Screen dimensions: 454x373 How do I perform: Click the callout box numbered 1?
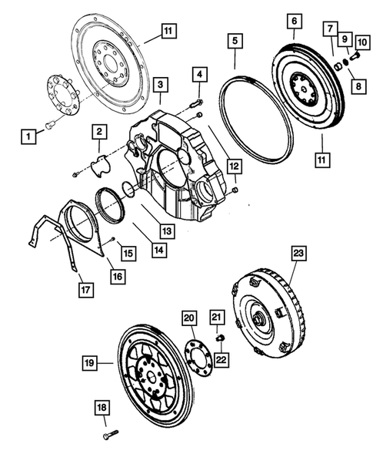coord(28,136)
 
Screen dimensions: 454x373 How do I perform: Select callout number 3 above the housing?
coord(159,84)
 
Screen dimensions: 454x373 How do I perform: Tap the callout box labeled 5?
coord(235,39)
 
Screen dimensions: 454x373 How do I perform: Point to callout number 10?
coord(362,40)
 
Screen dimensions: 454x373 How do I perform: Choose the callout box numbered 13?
coord(166,230)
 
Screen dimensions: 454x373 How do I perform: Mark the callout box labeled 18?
coord(102,407)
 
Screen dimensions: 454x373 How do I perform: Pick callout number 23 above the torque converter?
coord(298,254)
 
